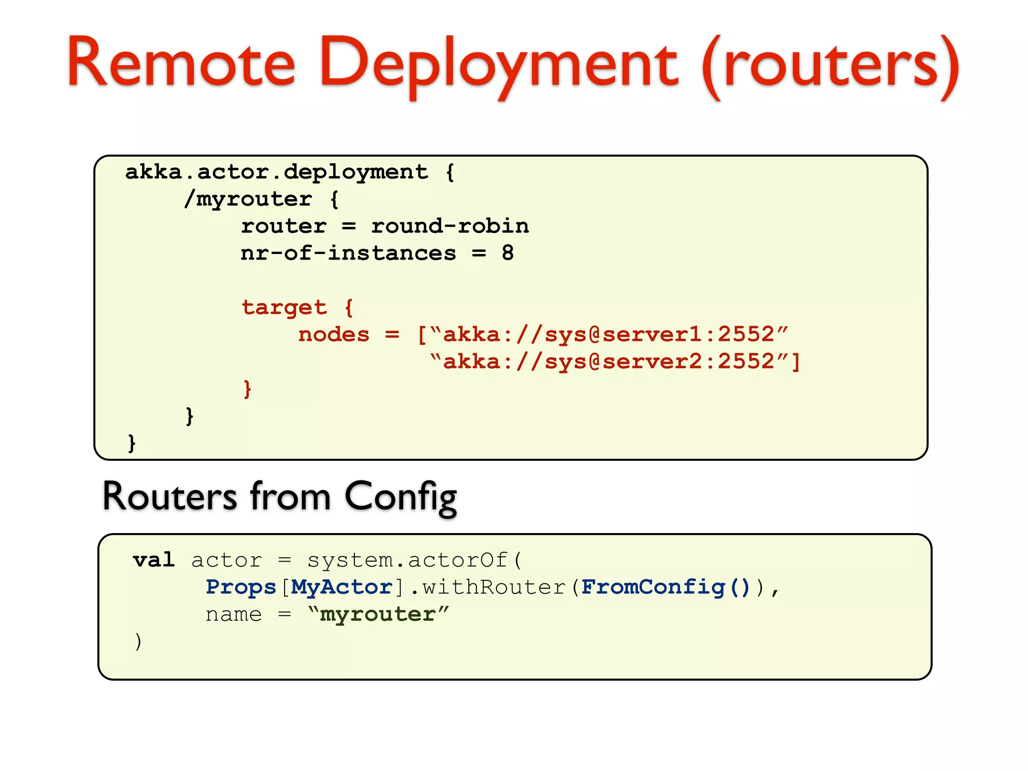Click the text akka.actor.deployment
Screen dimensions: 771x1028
coord(276,172)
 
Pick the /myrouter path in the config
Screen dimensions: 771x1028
coord(248,199)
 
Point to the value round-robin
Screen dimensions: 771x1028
coord(450,226)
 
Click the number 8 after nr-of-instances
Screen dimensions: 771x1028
coord(507,253)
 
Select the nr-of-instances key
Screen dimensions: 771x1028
coord(348,253)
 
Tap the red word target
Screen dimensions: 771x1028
coord(284,307)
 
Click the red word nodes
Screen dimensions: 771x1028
coord(334,334)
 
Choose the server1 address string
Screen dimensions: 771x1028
coord(609,334)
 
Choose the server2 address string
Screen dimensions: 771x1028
coord(609,361)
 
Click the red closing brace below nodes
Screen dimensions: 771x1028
coord(247,389)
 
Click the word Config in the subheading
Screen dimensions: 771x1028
coord(401,497)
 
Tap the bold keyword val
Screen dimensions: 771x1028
coord(154,560)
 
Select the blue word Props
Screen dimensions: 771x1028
coord(241,587)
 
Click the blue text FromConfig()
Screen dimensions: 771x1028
coord(665,587)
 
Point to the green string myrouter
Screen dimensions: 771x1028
coord(377,614)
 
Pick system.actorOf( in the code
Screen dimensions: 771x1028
coord(415,560)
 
